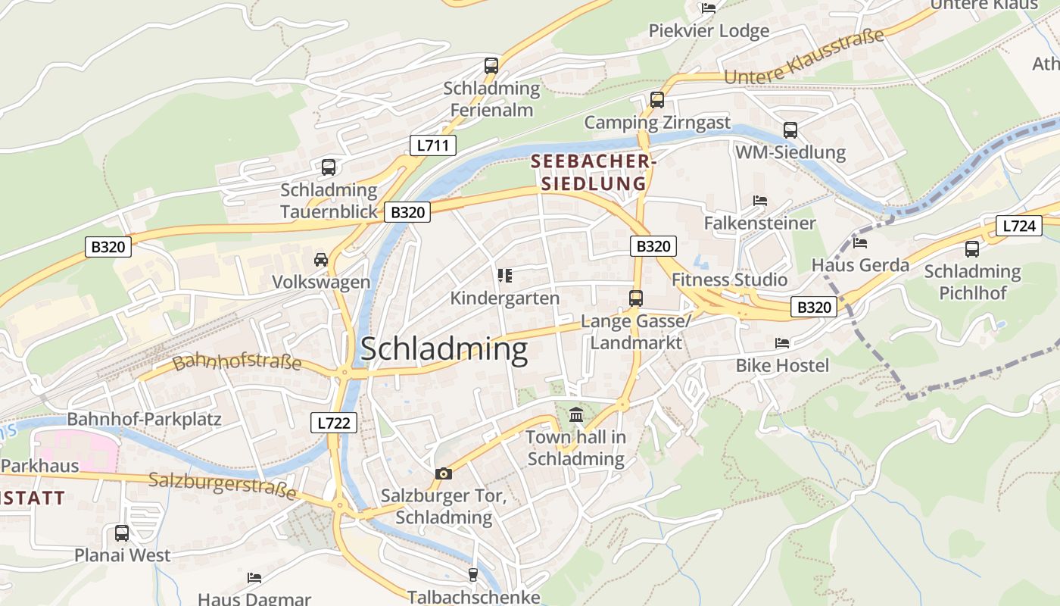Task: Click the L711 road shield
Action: tap(433, 145)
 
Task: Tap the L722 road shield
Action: tap(333, 423)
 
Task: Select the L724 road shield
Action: tap(1018, 226)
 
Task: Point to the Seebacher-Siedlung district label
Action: tap(594, 173)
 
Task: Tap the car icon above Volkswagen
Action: tap(321, 260)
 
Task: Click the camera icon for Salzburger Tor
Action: tap(444, 473)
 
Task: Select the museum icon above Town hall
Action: tap(576, 414)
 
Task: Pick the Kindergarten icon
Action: tap(505, 276)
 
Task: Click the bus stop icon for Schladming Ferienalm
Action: tap(491, 66)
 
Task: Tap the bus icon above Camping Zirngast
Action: tap(657, 100)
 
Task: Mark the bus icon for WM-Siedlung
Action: tap(790, 130)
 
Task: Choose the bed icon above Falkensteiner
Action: tap(760, 201)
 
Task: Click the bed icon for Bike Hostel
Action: tap(782, 343)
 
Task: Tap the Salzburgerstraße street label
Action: tap(223, 486)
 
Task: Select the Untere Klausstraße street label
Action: tap(804, 57)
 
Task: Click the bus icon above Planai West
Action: tap(122, 533)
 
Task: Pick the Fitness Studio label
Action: tap(730, 280)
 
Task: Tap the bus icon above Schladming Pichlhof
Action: tap(972, 249)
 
